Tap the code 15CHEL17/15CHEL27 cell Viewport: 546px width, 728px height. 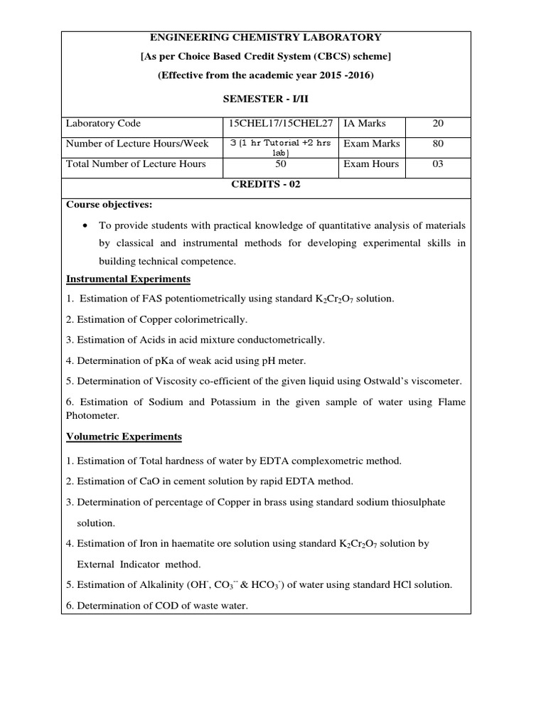[281, 124]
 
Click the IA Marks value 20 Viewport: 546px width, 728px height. [438, 124]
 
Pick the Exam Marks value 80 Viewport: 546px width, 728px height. [438, 144]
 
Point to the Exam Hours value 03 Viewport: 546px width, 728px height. [438, 164]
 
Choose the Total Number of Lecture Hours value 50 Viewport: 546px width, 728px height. [281, 164]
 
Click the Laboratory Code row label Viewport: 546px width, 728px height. [103, 124]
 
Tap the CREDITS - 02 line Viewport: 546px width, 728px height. [265, 184]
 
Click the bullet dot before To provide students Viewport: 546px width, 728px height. [85, 225]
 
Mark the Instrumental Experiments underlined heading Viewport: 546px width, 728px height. [128, 279]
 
